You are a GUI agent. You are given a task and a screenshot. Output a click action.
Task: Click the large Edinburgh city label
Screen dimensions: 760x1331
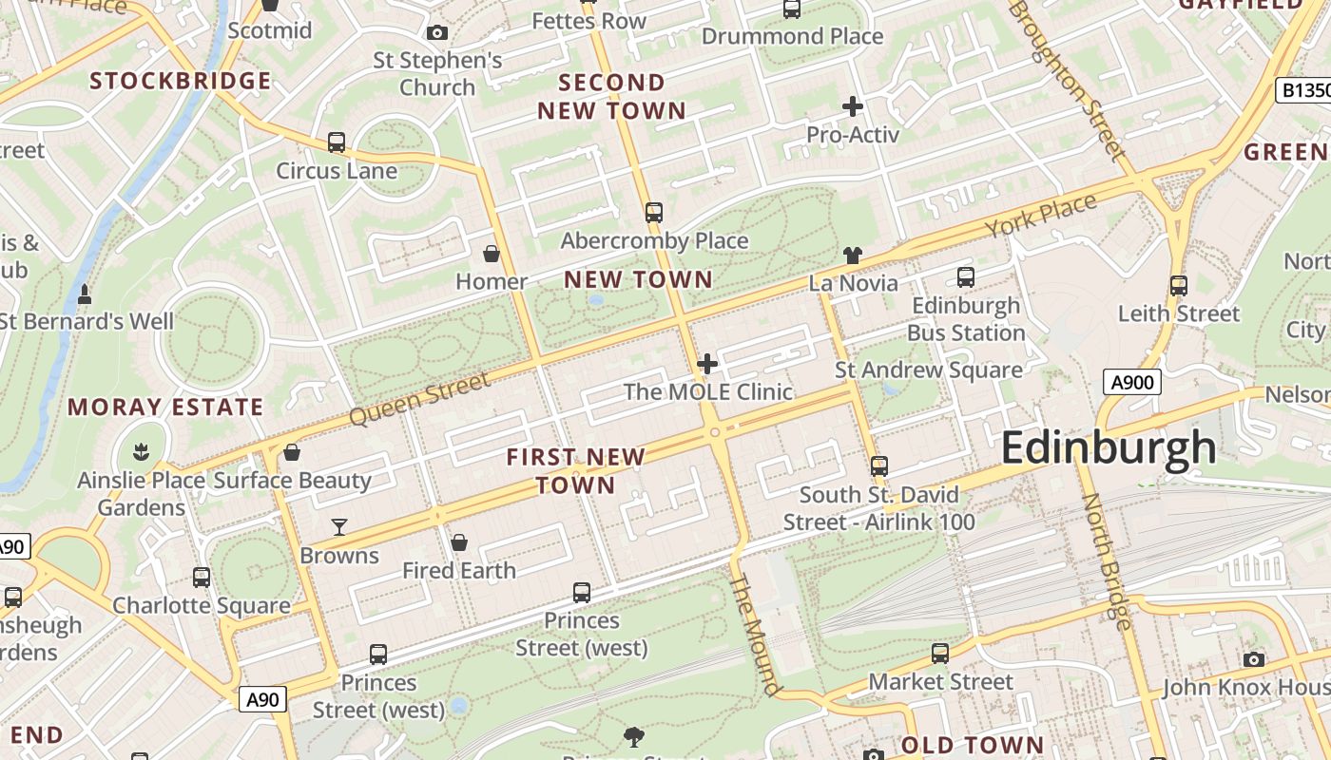[1108, 447]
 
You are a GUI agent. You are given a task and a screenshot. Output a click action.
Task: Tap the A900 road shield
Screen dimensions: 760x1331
[1131, 383]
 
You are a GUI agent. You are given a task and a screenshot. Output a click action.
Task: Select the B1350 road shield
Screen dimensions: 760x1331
[1303, 90]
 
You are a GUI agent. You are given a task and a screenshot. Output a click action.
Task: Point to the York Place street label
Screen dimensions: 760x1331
[1040, 216]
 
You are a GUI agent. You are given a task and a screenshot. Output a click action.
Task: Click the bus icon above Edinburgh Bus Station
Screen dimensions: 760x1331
[966, 277]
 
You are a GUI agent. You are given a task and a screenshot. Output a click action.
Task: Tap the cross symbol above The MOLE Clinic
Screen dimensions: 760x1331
[707, 364]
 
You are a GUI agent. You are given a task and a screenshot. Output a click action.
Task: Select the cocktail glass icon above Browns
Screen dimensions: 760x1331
[338, 527]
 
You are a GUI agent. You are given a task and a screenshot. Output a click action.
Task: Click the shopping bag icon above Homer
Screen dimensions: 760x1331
[492, 254]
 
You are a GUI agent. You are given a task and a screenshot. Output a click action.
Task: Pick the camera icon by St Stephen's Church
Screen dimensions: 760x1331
[437, 33]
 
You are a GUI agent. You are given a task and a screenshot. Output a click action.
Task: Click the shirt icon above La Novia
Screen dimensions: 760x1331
[853, 255]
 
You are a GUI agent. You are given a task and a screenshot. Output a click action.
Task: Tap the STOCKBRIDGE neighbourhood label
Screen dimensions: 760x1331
[181, 81]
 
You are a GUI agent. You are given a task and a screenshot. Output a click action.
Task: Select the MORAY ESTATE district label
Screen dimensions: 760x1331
[165, 408]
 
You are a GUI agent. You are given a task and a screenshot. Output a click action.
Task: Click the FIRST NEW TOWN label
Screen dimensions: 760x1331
[575, 471]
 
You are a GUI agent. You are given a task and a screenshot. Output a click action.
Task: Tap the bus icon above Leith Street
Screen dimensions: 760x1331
[1179, 286]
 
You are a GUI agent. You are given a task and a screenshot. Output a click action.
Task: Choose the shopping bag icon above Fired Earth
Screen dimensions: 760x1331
[459, 542]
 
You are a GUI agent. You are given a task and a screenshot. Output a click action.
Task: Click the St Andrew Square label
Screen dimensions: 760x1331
[928, 370]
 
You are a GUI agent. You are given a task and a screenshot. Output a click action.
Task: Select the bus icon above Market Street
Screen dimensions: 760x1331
[940, 654]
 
